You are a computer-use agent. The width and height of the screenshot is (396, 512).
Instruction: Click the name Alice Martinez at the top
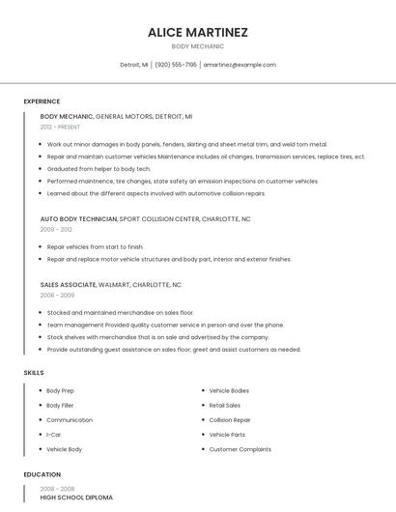[x=198, y=32]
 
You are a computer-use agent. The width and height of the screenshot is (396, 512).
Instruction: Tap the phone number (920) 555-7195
[x=176, y=65]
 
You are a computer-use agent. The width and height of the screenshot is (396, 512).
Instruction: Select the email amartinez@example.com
[x=240, y=65]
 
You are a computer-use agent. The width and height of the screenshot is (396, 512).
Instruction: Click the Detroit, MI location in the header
[x=134, y=65]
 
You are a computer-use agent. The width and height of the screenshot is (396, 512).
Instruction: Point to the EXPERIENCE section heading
[x=42, y=101]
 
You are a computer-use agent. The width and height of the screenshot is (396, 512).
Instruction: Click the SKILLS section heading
[x=34, y=373]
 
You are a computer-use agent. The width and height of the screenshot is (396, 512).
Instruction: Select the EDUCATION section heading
[x=42, y=474]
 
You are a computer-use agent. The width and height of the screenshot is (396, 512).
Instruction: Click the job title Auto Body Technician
[x=78, y=219]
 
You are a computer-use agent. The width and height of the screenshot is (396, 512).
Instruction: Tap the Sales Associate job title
[x=68, y=285]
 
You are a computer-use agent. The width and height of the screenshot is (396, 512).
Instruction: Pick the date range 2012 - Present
[x=60, y=127]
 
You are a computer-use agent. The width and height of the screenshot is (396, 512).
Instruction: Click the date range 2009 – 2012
[x=56, y=230]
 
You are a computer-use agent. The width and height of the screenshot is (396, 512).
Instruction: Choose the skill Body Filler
[x=60, y=406]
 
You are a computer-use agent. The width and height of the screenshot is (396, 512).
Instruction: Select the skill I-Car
[x=54, y=435]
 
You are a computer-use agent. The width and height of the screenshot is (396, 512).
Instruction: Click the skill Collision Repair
[x=230, y=420]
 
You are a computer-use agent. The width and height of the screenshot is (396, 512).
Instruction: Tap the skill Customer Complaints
[x=240, y=449]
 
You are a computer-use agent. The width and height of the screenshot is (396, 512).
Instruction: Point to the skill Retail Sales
[x=225, y=406]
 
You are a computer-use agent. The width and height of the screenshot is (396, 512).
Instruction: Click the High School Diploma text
[x=76, y=498]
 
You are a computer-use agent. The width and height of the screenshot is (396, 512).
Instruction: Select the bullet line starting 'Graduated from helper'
[x=99, y=168]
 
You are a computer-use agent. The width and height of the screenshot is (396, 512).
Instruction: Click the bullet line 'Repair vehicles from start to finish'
[x=95, y=247]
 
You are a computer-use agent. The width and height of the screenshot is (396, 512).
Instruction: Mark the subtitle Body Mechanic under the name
[x=198, y=46]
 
